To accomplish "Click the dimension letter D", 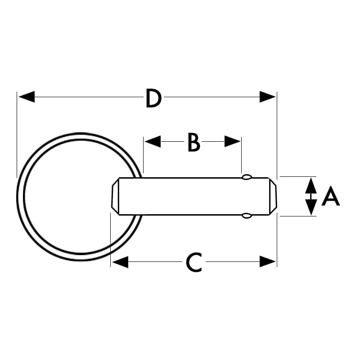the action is [153, 98].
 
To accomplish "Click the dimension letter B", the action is [194, 143].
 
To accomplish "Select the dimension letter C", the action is [194, 262].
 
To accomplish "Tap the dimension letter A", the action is [331, 196].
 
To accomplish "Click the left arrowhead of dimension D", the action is [27, 97].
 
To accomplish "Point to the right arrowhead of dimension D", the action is [267, 97].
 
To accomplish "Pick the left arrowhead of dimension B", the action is [153, 141].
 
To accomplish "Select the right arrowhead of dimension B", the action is [232, 141].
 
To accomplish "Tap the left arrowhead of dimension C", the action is [120, 262].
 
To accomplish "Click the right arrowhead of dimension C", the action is [267, 262].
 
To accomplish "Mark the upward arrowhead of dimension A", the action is [311, 185].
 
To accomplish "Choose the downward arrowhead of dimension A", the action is [311, 207].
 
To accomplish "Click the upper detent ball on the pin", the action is [247, 177].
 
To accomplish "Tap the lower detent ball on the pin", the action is [247, 216].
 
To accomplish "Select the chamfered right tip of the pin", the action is [273, 196].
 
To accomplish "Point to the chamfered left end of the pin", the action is [115, 196].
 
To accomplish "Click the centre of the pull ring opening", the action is [81, 197].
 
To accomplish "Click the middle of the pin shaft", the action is [194, 196].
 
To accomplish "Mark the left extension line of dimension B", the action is [143, 155].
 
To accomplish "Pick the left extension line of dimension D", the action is [17, 135].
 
